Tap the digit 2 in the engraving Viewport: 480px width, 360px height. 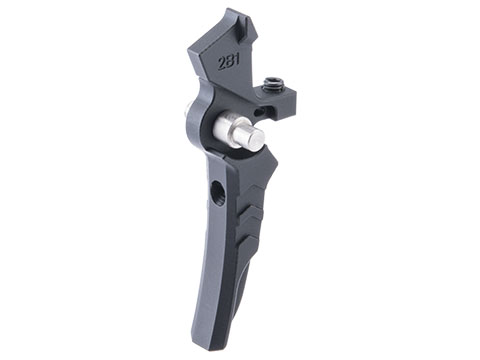click(x=221, y=64)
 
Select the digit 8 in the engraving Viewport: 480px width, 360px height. click(x=229, y=62)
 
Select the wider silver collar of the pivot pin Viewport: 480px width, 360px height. click(x=223, y=127)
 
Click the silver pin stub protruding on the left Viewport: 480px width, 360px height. click(x=187, y=111)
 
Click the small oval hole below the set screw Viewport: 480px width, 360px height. click(x=256, y=111)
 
